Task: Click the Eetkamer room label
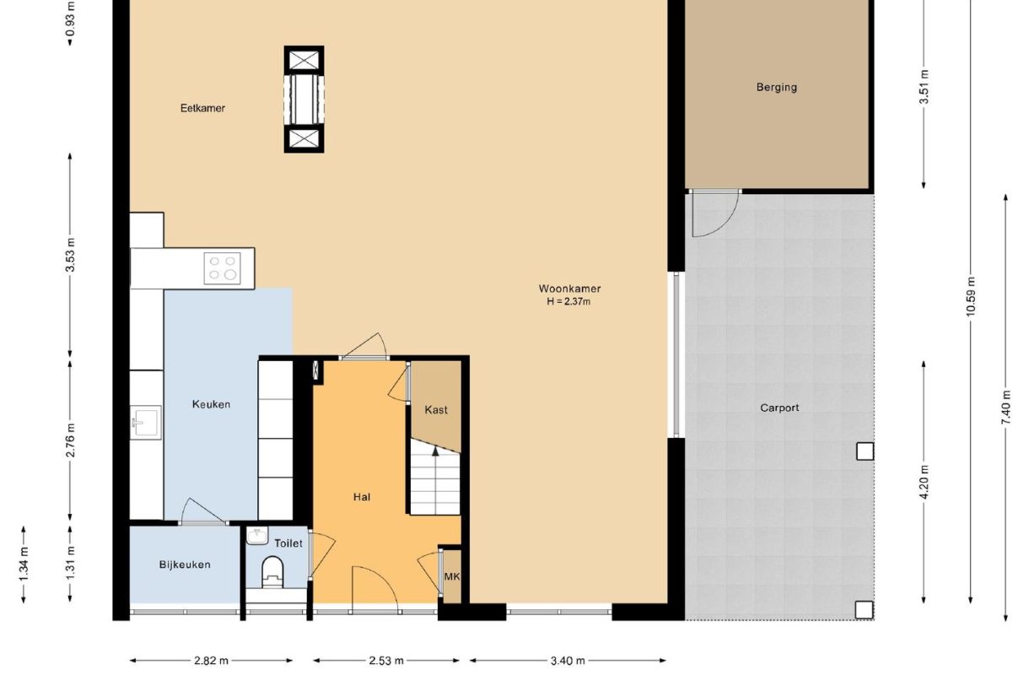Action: pyautogui.click(x=202, y=108)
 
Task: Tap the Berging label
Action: pyautogui.click(x=776, y=87)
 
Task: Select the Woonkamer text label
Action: pyautogui.click(x=569, y=289)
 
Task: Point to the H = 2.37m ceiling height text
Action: pyautogui.click(x=569, y=301)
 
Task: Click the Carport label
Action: pyautogui.click(x=779, y=408)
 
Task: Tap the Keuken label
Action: pyautogui.click(x=211, y=404)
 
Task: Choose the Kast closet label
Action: pyautogui.click(x=436, y=410)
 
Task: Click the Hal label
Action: pyautogui.click(x=362, y=497)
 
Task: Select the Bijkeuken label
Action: pyautogui.click(x=185, y=564)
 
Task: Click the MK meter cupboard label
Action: pyautogui.click(x=451, y=577)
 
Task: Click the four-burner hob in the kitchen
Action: pyautogui.click(x=223, y=268)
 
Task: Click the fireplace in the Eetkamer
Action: pyautogui.click(x=304, y=99)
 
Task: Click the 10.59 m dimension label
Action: pyautogui.click(x=972, y=296)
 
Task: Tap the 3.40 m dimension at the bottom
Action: pyautogui.click(x=568, y=661)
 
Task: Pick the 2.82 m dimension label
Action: pyautogui.click(x=211, y=661)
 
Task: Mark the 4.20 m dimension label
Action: pyautogui.click(x=924, y=482)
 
